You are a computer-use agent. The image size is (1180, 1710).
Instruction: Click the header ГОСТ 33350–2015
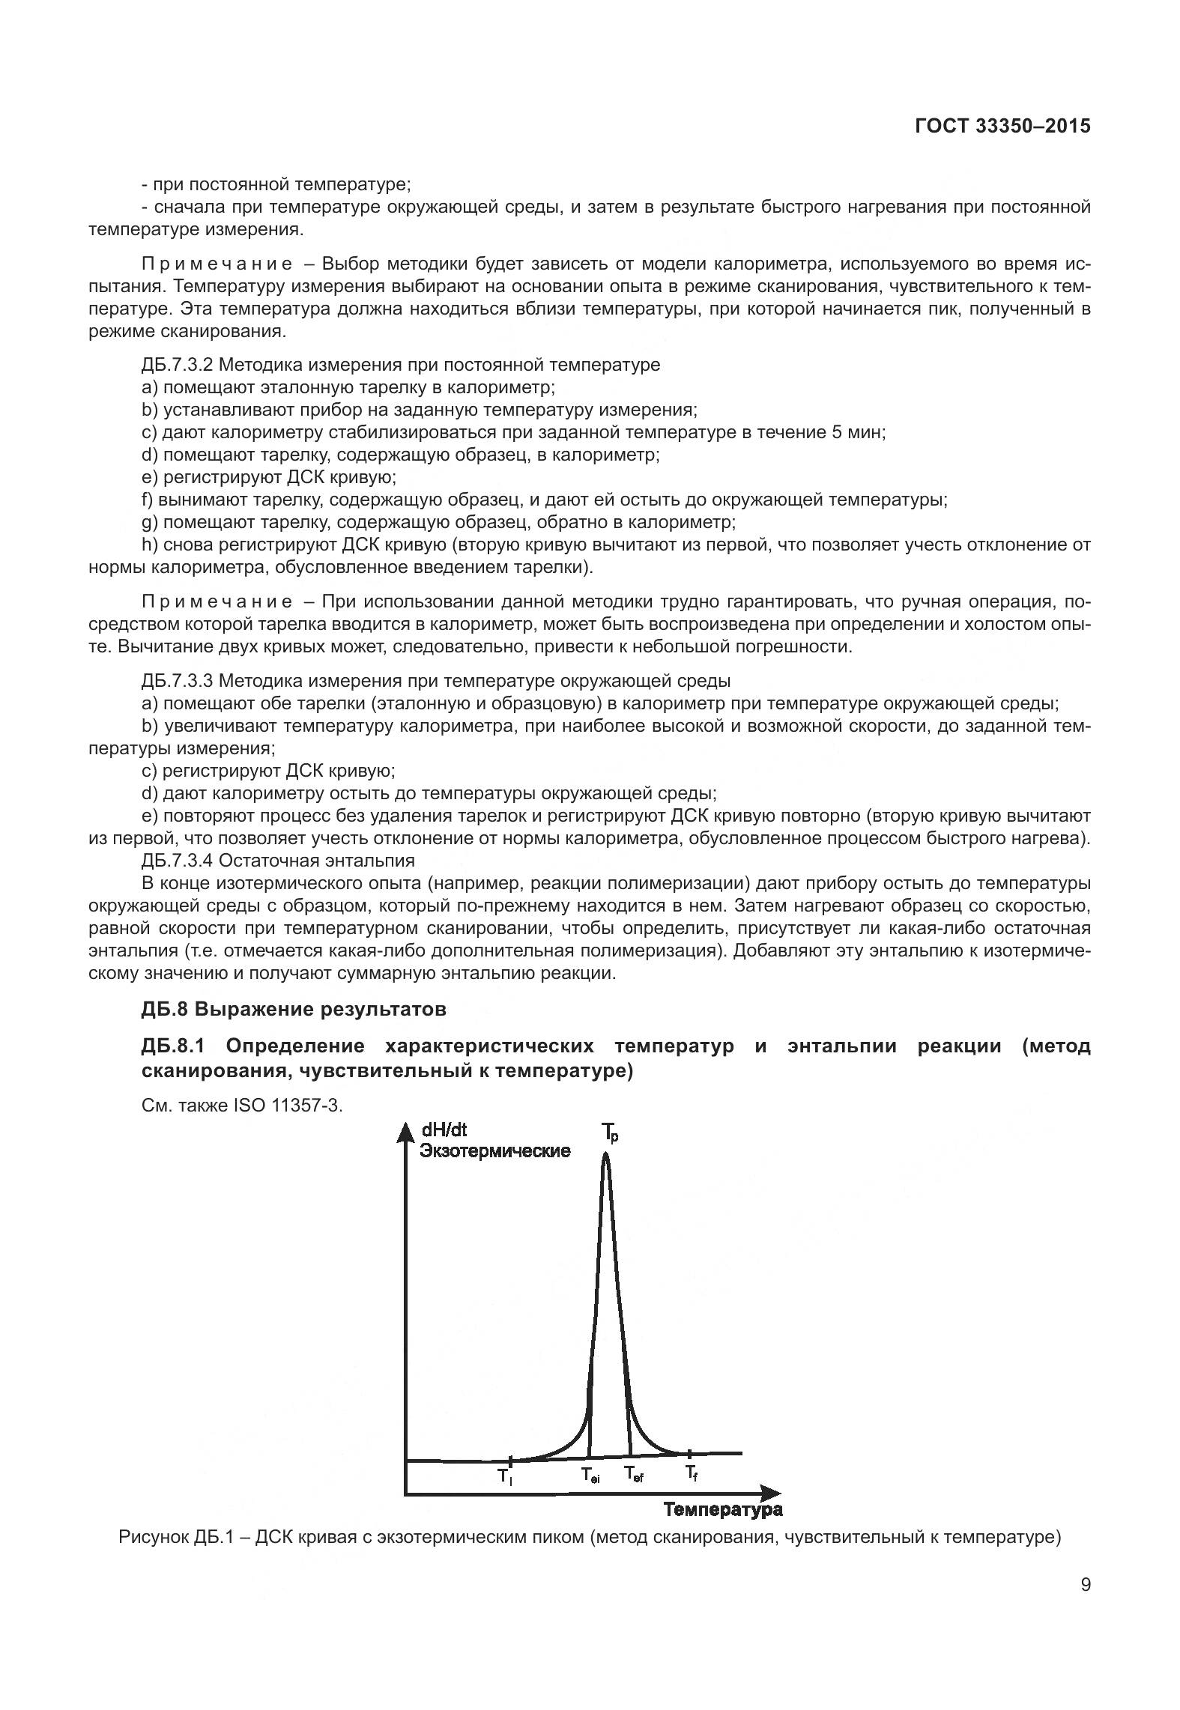(1002, 126)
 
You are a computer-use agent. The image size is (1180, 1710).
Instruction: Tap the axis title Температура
(722, 1509)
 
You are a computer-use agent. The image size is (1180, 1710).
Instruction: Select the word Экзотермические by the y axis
(494, 1151)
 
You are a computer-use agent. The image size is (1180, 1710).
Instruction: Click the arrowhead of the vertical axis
(405, 1131)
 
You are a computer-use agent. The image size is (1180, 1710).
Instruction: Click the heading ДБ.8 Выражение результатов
(293, 1009)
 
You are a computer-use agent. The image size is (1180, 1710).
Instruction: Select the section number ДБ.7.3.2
(178, 365)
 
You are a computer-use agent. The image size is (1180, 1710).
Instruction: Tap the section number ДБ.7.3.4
(178, 860)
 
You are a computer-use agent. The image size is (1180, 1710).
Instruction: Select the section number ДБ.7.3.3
(178, 681)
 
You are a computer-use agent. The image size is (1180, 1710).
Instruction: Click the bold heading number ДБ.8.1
(173, 1046)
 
